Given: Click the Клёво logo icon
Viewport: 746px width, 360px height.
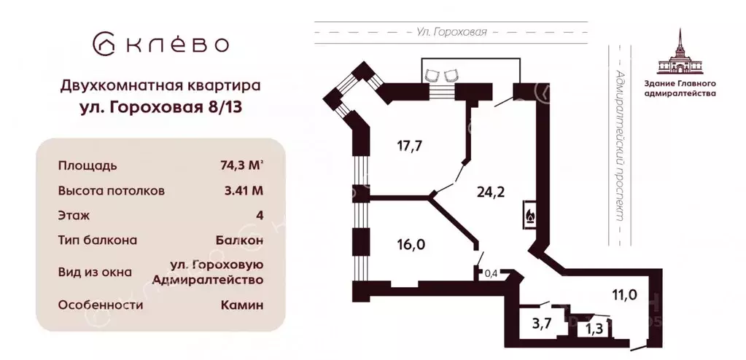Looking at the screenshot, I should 104,44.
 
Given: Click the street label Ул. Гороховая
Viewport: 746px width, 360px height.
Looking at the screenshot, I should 451,32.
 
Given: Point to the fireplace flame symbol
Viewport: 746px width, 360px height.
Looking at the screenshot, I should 529,216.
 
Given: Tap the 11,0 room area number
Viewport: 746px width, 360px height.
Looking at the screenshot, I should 624,294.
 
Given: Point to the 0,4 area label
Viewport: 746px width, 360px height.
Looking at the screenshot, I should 491,274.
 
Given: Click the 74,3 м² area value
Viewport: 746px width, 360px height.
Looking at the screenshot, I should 236,165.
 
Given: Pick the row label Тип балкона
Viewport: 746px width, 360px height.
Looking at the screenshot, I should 98,240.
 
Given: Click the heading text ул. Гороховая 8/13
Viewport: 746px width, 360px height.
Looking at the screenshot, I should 160,108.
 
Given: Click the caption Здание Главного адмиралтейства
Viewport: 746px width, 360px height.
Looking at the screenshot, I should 685,88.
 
